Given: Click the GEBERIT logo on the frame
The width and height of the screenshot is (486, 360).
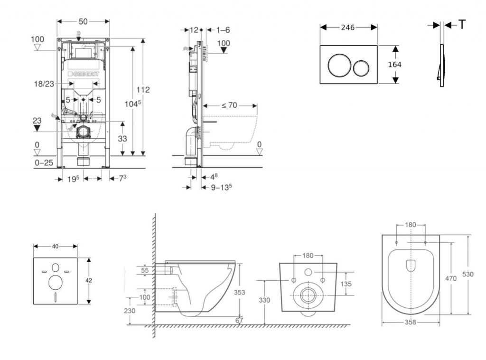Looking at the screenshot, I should coord(85,74).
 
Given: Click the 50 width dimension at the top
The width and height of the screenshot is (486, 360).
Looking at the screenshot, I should coord(83,21).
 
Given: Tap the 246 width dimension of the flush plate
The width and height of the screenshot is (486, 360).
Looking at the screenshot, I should coord(348,28).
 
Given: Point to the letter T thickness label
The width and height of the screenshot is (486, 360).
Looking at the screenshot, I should coord(462,25).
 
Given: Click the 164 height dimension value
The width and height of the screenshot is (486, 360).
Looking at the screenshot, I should coord(395,65).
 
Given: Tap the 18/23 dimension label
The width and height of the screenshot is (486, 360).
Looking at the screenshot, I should coord(44,83).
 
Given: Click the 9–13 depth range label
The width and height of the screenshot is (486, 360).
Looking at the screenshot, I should coord(221,187).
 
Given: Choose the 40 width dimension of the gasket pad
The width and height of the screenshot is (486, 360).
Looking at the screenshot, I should coord(55,246).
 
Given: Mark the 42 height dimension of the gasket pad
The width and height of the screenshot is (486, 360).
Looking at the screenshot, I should coord(89,280).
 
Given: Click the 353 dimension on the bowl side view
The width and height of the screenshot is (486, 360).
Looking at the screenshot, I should coord(240,293).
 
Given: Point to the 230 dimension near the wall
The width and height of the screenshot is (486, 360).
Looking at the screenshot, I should coord(130,311).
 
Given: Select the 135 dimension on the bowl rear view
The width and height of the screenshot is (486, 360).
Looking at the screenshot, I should coord(346,284).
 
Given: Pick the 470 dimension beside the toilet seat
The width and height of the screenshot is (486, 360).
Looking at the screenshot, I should coord(450,278).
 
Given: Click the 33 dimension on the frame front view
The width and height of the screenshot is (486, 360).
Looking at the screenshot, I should coord(122,139).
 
